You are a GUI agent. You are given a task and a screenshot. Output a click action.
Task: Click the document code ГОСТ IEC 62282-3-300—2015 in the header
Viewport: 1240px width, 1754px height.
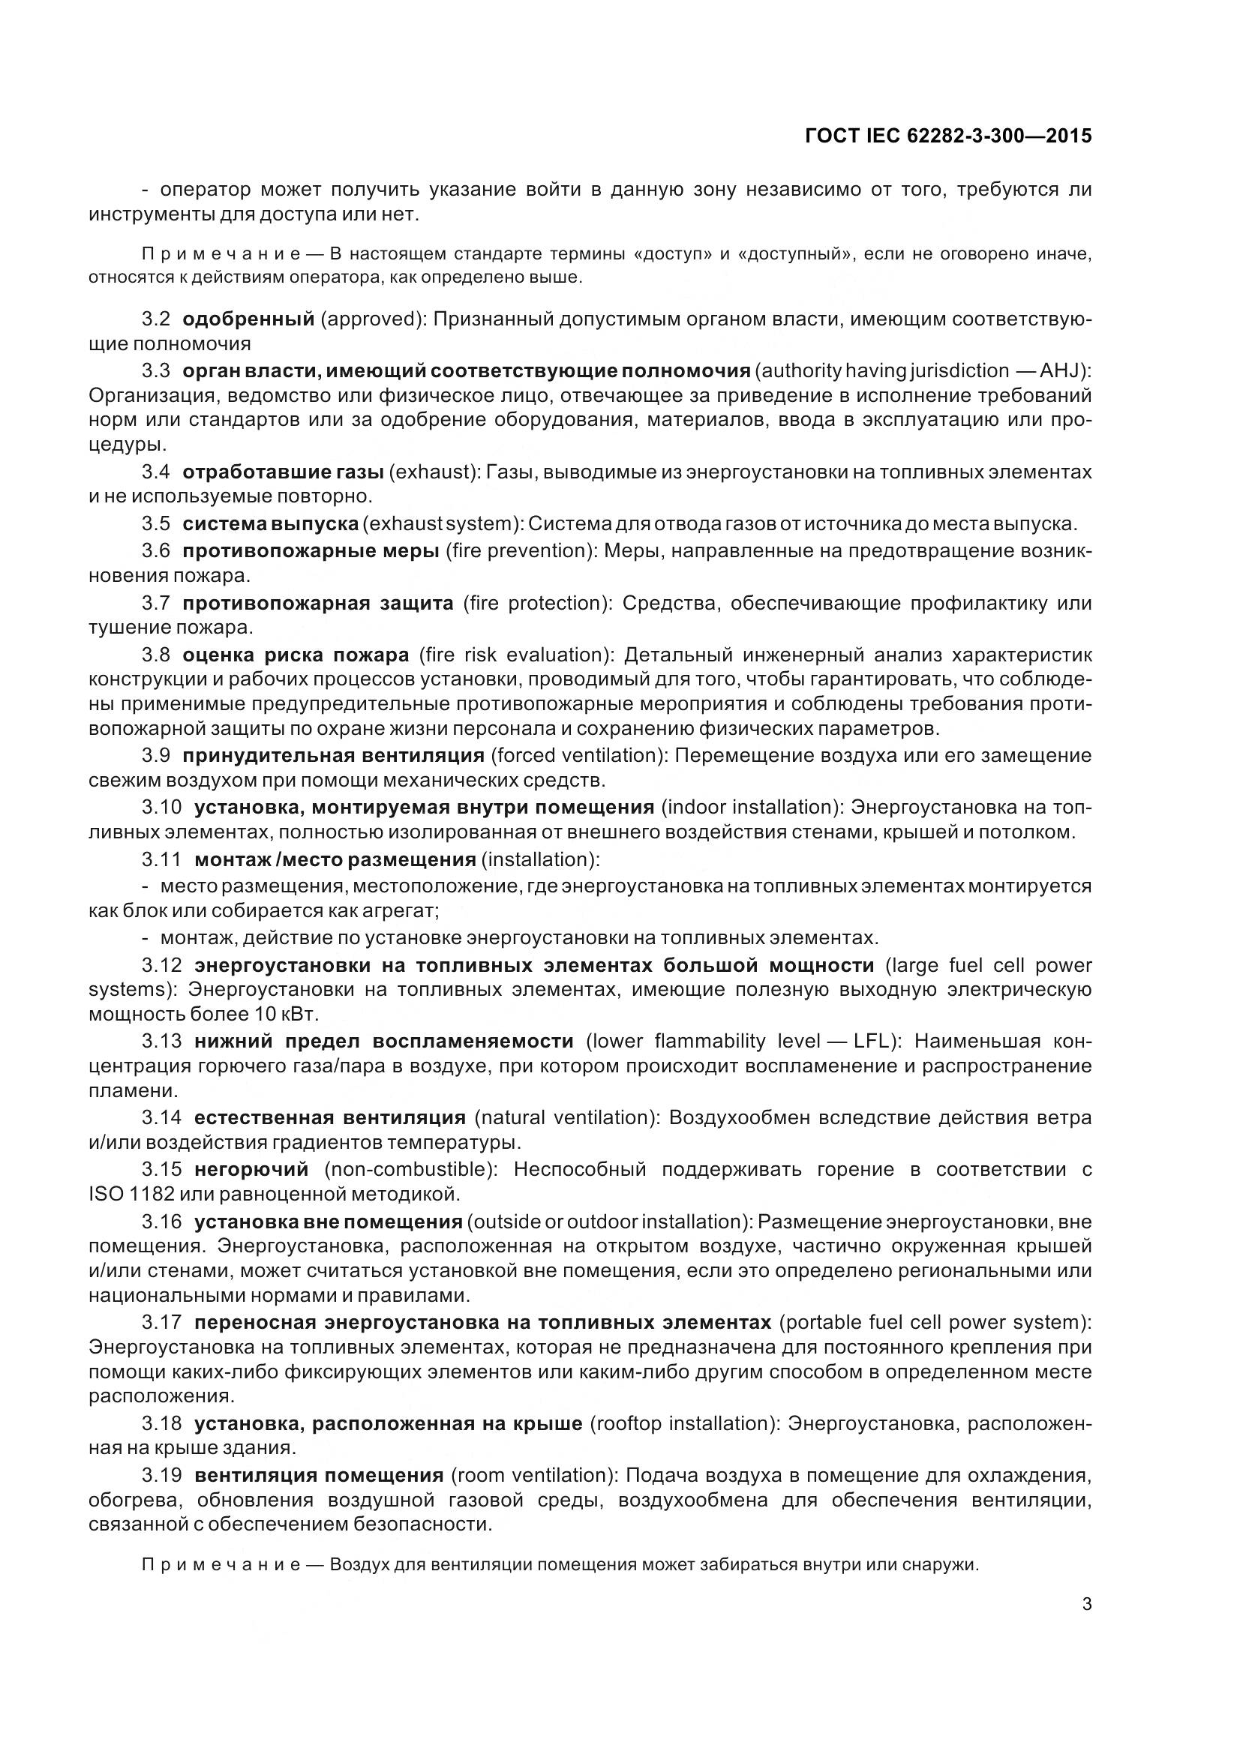[948, 136]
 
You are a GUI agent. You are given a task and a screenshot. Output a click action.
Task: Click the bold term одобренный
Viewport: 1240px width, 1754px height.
[248, 319]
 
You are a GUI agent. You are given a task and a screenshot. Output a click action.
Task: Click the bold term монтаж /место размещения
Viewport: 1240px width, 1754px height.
[335, 859]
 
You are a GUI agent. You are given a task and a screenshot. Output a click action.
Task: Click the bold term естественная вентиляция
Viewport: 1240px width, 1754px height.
[329, 1117]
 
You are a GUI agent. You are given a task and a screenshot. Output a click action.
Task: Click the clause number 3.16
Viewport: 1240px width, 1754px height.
[161, 1221]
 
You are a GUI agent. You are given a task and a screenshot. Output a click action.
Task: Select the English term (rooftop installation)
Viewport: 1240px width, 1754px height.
[686, 1423]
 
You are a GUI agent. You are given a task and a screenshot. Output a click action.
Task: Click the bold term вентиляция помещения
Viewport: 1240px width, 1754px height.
[319, 1475]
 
